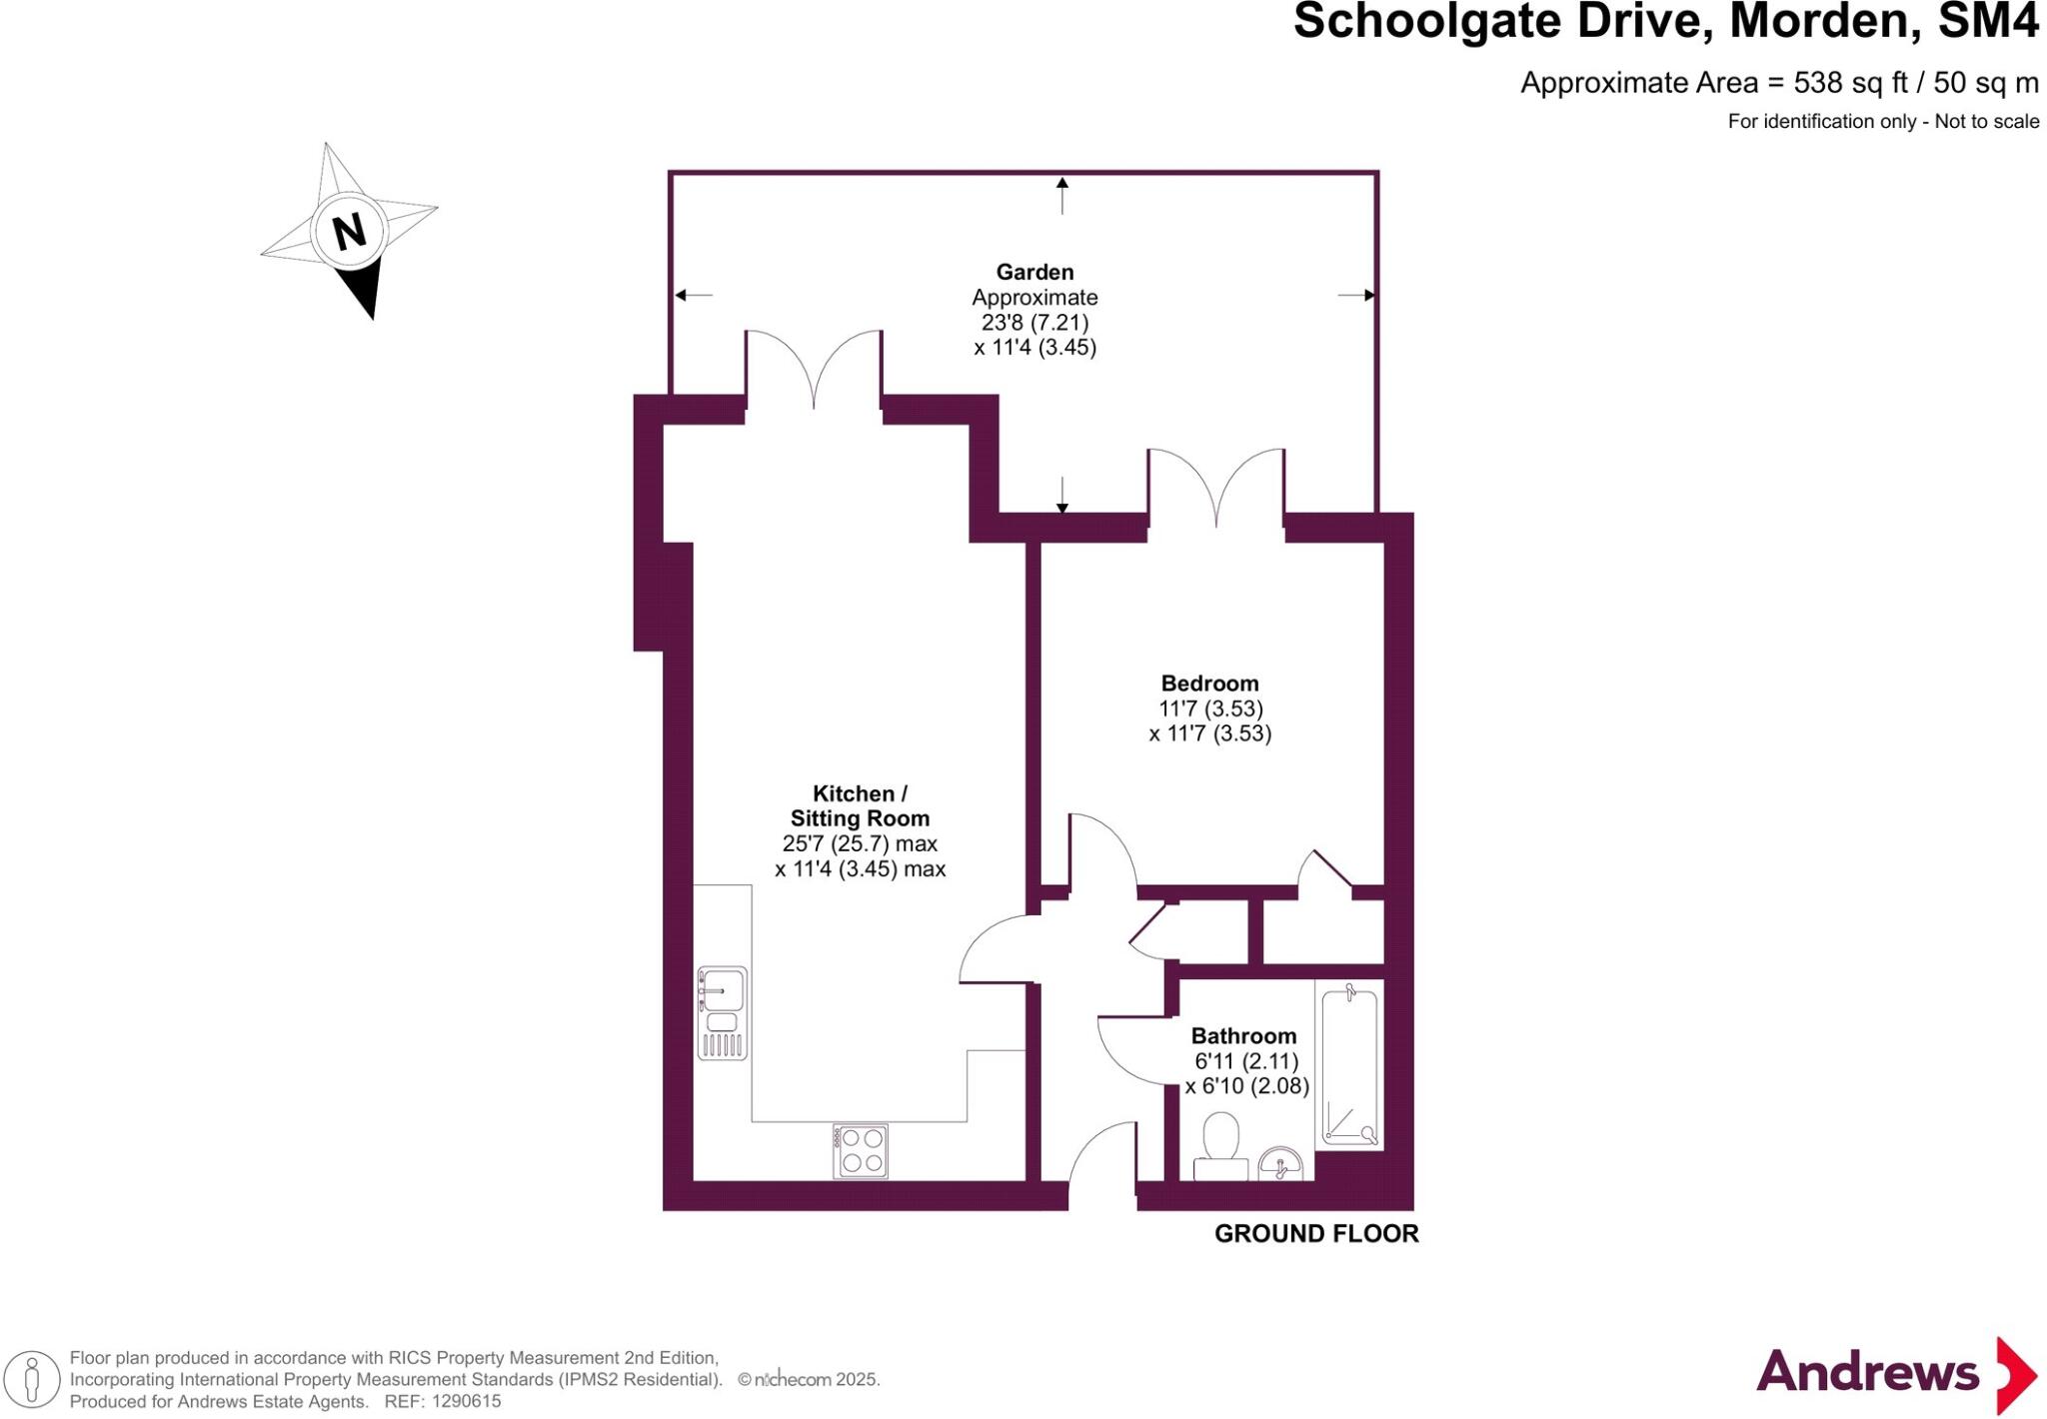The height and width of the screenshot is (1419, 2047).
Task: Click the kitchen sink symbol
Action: coord(722,1012)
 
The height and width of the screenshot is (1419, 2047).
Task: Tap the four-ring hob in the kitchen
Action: coord(861,1151)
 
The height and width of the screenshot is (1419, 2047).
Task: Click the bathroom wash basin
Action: coord(1279,1164)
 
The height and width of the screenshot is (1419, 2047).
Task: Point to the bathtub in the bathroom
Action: coord(1349,1065)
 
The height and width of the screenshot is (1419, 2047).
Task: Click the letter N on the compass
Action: coord(349,232)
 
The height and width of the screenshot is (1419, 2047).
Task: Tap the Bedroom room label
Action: coord(1209,684)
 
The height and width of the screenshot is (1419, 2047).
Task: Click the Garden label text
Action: coord(1034,272)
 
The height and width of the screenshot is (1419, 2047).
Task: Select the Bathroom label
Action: coord(1243,1036)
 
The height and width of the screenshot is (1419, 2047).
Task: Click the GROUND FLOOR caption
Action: coord(1316,1234)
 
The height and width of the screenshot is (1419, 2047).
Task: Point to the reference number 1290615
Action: coord(466,1402)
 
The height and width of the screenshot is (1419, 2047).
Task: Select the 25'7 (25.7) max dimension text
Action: coord(860,843)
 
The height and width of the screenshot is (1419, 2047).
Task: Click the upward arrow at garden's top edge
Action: coord(1062,194)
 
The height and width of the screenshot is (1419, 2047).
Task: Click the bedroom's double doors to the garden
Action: coord(1216,490)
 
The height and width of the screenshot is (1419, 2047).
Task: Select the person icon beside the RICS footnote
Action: coord(32,1380)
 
